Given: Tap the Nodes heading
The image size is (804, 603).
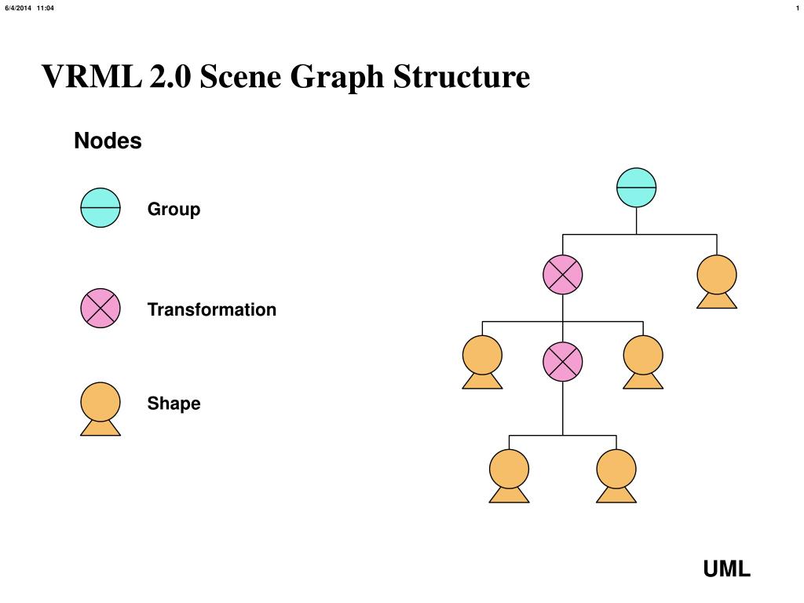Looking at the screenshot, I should coord(108,141).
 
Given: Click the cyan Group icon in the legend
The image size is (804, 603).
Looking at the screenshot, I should coord(100,208).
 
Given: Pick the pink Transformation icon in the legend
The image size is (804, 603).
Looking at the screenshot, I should coord(100,309).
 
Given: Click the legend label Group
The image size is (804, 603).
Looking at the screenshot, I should coord(174,210).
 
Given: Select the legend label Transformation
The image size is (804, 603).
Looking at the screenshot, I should coord(212,309).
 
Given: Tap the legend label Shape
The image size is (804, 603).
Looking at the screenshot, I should coord(174,404).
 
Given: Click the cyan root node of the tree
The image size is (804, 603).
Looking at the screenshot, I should coord(636,188).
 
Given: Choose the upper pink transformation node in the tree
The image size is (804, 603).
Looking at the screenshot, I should coord(563,275).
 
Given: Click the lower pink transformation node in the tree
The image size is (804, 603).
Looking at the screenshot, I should coord(563,361).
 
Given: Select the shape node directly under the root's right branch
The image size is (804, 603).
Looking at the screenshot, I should coord(717,280).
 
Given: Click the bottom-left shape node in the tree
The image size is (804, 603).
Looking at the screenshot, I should coord(509,473).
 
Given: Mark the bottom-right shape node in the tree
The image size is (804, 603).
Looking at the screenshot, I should coord(616,473).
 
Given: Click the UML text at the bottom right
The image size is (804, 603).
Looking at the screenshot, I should coord(726,569).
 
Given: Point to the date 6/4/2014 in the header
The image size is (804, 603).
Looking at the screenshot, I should coord(18,8).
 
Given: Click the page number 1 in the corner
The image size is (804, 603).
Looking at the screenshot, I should coord(797,8).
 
